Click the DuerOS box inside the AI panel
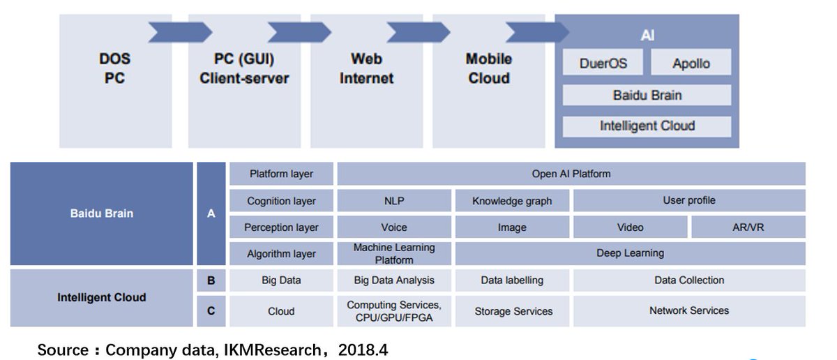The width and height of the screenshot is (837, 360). pyautogui.click(x=603, y=62)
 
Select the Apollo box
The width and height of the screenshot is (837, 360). pyautogui.click(x=691, y=62)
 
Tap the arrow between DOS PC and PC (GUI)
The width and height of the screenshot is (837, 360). pyautogui.click(x=180, y=32)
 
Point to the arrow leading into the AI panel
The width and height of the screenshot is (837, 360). pyautogui.click(x=537, y=32)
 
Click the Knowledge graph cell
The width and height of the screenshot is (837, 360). pyautogui.click(x=512, y=201)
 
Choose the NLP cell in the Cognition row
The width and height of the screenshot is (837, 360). pyautogui.click(x=394, y=201)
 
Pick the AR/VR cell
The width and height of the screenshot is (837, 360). pyautogui.click(x=748, y=227)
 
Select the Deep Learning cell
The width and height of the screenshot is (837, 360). pyautogui.click(x=630, y=253)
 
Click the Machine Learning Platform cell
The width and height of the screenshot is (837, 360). pyautogui.click(x=394, y=253)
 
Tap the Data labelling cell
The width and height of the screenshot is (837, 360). pyautogui.click(x=512, y=280)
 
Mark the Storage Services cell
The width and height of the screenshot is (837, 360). pyautogui.click(x=512, y=311)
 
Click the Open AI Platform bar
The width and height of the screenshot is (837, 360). pyautogui.click(x=571, y=174)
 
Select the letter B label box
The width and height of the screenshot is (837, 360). pyautogui.click(x=211, y=280)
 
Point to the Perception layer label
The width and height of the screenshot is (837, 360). pyautogui.click(x=281, y=227)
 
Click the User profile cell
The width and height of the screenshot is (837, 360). pyautogui.click(x=689, y=201)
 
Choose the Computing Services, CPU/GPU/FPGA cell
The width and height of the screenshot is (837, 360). pyautogui.click(x=394, y=311)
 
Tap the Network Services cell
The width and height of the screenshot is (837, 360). pyautogui.click(x=689, y=311)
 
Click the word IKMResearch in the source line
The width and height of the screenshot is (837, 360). pyautogui.click(x=273, y=350)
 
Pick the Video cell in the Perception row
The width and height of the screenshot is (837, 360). pyautogui.click(x=630, y=227)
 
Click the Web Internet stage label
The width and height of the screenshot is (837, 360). pyautogui.click(x=366, y=68)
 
